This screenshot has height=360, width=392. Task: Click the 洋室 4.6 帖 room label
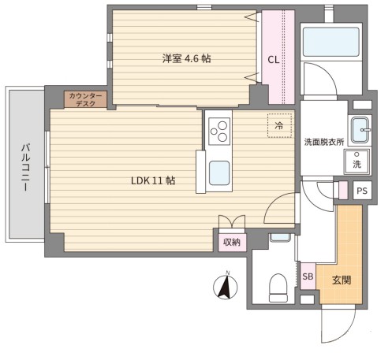tap(186, 58)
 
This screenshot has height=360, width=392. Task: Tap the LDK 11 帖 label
tap(153, 180)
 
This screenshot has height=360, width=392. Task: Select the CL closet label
tap(273, 60)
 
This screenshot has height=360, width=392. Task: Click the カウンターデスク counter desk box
tap(85, 99)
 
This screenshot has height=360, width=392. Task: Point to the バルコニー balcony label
tap(25, 167)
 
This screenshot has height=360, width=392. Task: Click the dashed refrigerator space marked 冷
tap(279, 125)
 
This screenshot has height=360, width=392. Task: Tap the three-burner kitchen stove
tap(219, 132)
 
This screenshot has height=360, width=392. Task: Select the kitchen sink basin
tap(219, 173)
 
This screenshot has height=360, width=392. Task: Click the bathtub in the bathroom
tap(331, 42)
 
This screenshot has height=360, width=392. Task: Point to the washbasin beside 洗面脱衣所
tap(360, 130)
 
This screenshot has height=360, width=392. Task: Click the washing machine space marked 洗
tap(357, 161)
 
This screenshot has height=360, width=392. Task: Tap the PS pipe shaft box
tap(362, 191)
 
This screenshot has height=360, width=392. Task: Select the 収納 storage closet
tap(232, 242)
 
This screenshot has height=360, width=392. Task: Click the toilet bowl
tap(278, 288)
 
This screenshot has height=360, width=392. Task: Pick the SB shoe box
tap(308, 276)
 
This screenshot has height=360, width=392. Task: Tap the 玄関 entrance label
tap(342, 280)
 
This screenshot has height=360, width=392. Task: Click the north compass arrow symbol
tap(226, 286)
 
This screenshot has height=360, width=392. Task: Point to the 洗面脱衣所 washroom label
tap(324, 142)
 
